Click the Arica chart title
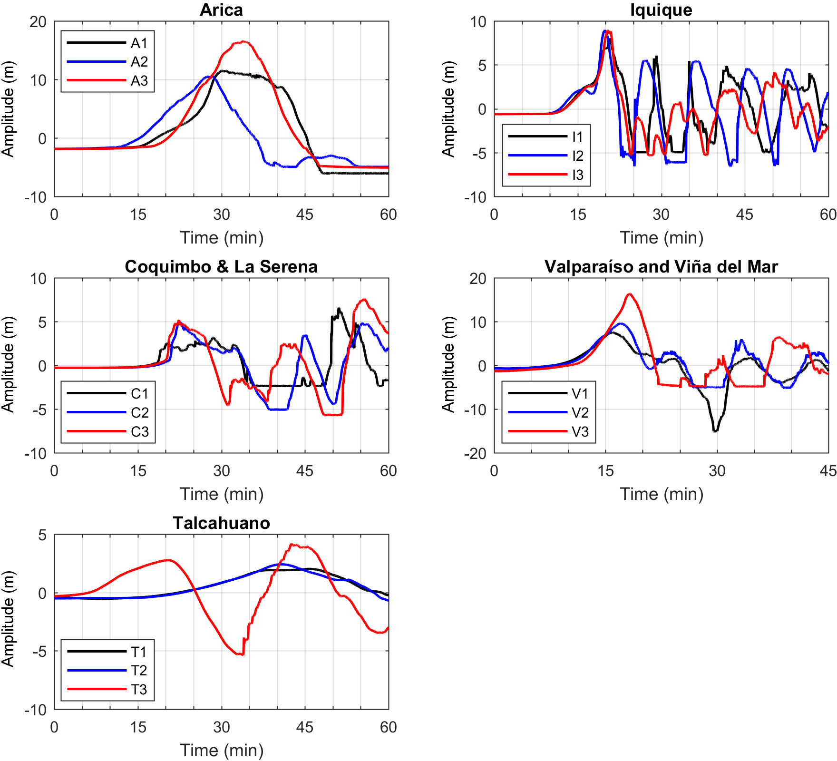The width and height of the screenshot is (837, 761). click(221, 10)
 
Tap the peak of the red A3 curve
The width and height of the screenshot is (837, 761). click(243, 42)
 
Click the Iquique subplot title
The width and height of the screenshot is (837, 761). click(661, 10)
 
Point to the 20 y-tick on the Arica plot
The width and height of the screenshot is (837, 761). click(38, 22)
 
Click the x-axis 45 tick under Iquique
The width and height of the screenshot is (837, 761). click(744, 215)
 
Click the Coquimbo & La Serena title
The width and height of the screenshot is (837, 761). click(221, 266)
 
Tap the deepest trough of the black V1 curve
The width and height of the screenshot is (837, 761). click(716, 430)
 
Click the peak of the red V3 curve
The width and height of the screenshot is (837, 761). click(630, 294)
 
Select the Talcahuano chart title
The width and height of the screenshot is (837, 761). click(221, 523)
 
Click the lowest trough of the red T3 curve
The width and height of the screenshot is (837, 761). click(241, 654)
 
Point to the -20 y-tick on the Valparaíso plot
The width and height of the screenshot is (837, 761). click(478, 454)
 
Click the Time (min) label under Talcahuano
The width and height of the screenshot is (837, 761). click(222, 751)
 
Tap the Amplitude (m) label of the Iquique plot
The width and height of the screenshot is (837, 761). click(448, 109)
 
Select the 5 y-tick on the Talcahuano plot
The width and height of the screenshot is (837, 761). click(43, 535)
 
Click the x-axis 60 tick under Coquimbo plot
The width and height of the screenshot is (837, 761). click(389, 471)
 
